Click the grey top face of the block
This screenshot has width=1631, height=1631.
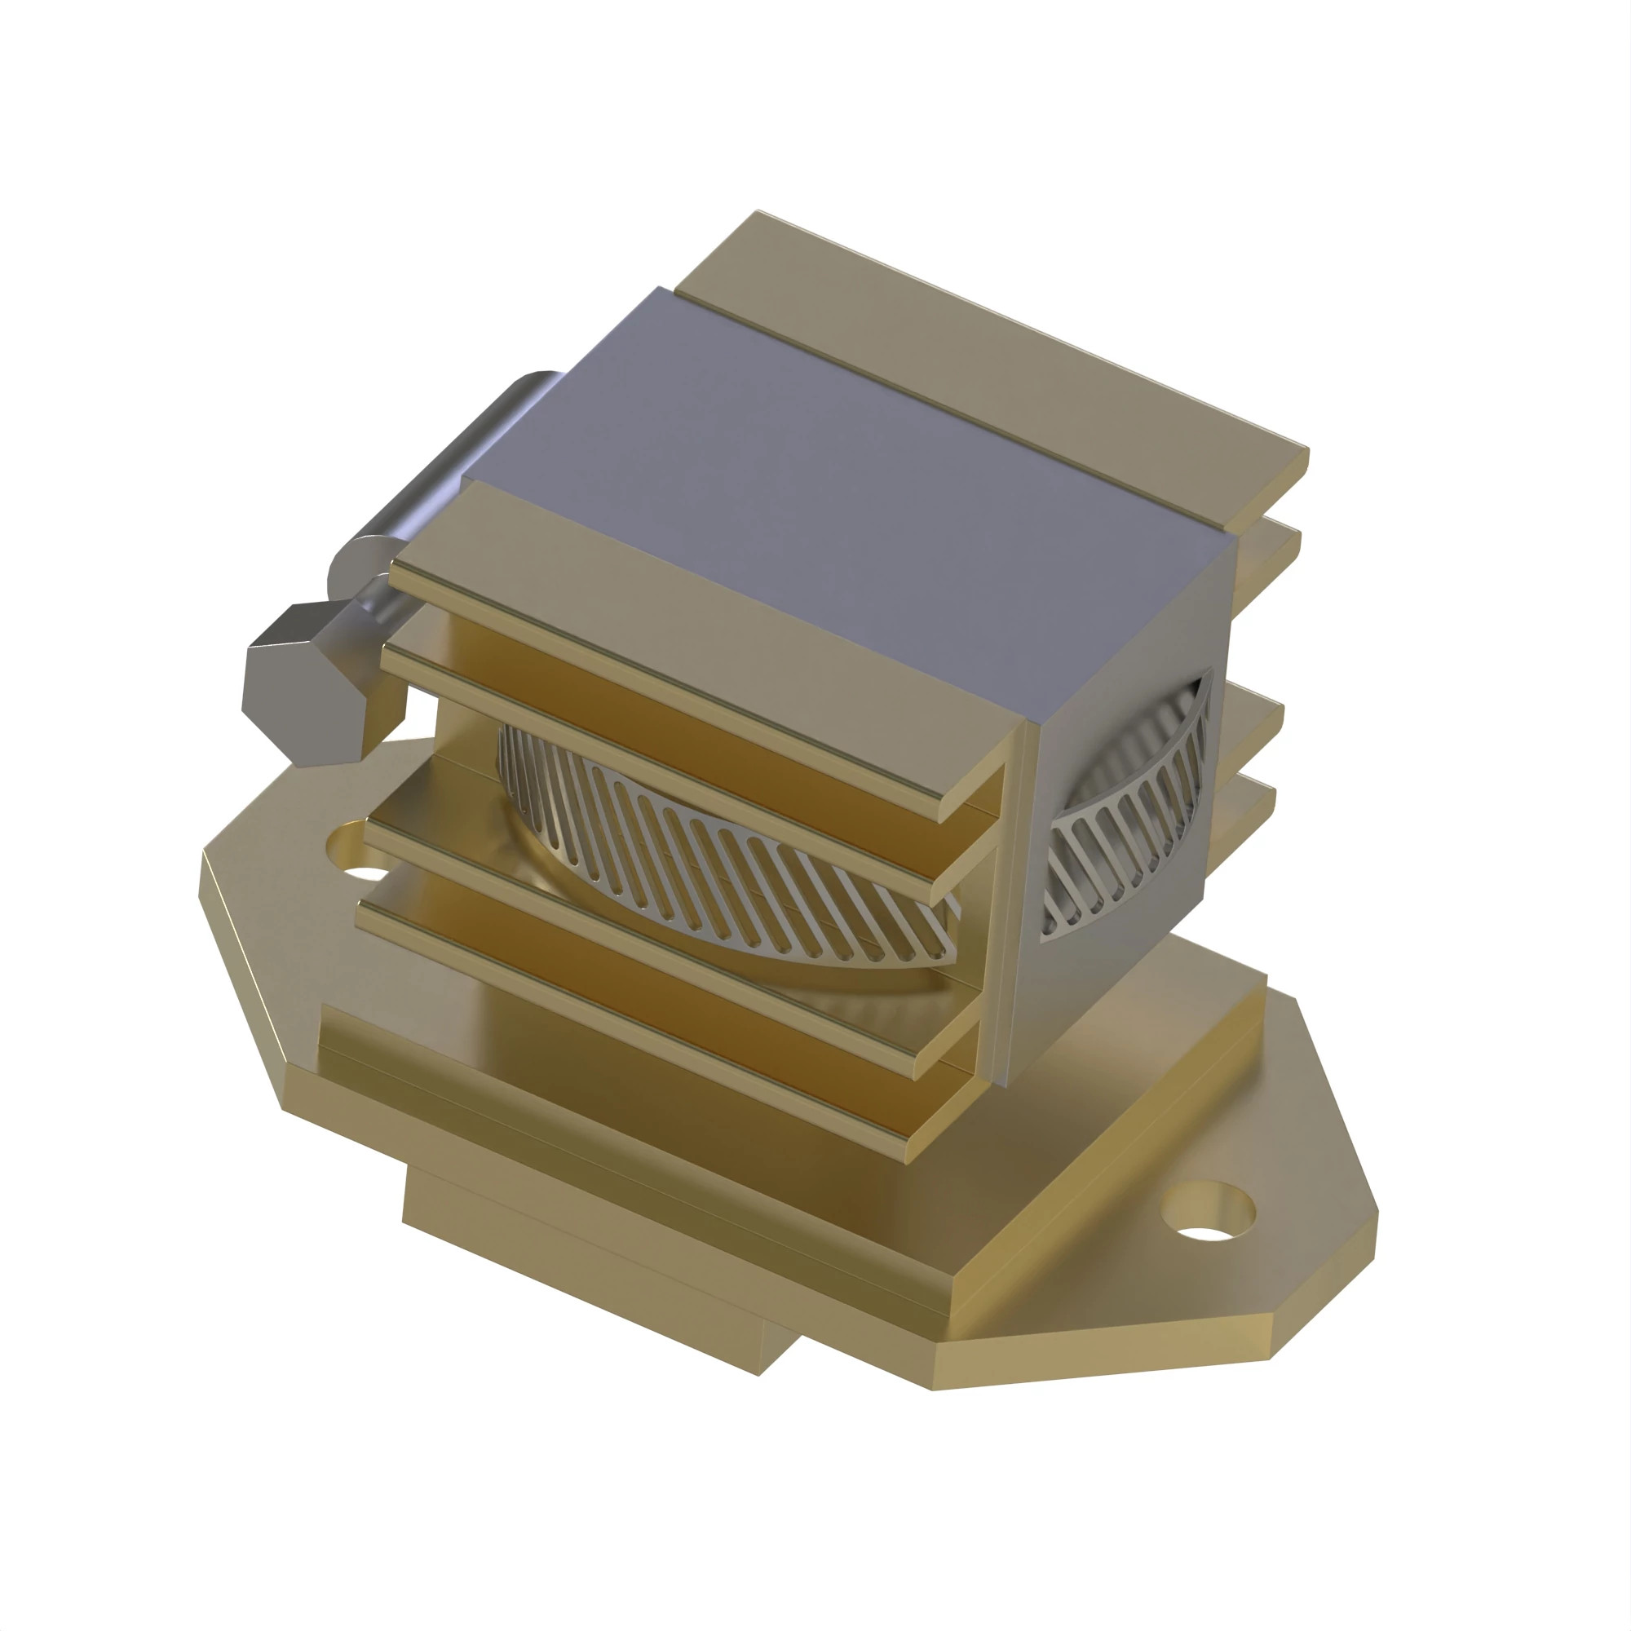844,473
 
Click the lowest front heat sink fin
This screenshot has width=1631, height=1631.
642,1013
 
